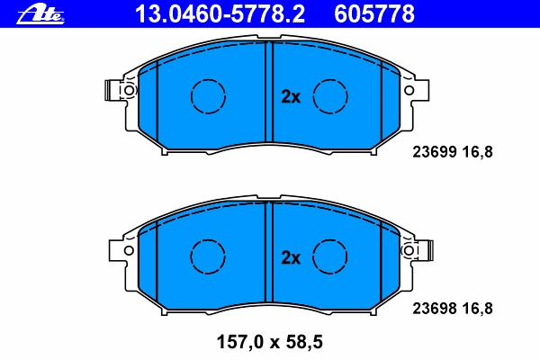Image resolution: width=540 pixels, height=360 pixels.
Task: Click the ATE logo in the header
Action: (40, 14)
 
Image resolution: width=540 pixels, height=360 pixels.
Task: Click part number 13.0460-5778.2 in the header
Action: (220, 14)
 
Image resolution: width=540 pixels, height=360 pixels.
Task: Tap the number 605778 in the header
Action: (374, 14)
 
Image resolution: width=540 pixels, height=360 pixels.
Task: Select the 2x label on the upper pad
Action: (291, 97)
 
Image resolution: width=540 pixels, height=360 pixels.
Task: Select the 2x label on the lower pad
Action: (291, 257)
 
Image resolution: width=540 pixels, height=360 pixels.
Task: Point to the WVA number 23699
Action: (435, 152)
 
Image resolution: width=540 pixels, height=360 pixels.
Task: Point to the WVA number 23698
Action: (435, 309)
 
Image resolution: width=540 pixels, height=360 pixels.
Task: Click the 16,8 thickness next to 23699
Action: (477, 152)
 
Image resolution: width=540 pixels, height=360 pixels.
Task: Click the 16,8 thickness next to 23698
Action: (477, 309)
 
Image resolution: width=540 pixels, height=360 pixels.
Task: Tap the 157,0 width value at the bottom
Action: (240, 342)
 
